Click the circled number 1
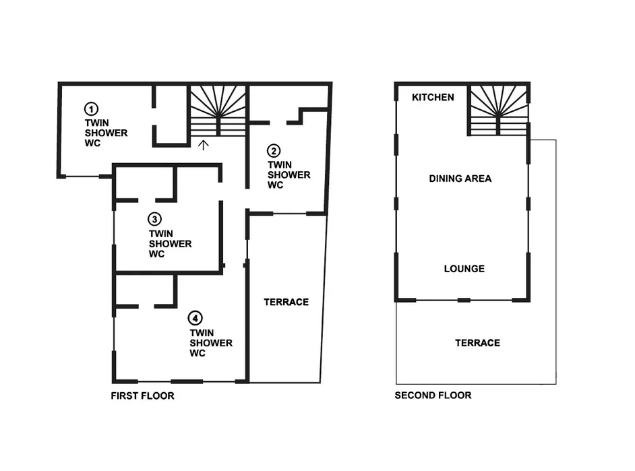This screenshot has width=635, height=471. pos(90,108)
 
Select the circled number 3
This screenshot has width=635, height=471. pos(154,219)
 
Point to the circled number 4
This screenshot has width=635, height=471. pos(195,318)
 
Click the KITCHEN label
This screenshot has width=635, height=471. pos(433,98)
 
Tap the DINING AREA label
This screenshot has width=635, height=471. pos(460,179)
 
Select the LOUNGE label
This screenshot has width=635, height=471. pos(464,269)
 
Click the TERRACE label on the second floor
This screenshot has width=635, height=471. pos(477,343)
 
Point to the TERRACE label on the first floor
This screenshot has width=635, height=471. pos(286,302)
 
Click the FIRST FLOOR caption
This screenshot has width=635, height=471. pos(142,396)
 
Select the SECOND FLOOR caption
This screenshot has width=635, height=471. pos(433,396)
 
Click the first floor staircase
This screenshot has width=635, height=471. pos(217,111)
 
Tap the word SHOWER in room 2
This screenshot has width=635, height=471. pos(289,175)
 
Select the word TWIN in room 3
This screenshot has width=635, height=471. pos(160,234)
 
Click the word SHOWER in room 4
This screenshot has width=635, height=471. pos(211,343)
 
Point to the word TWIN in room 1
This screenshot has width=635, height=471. pos(96,123)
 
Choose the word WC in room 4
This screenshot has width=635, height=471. pos(198,353)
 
